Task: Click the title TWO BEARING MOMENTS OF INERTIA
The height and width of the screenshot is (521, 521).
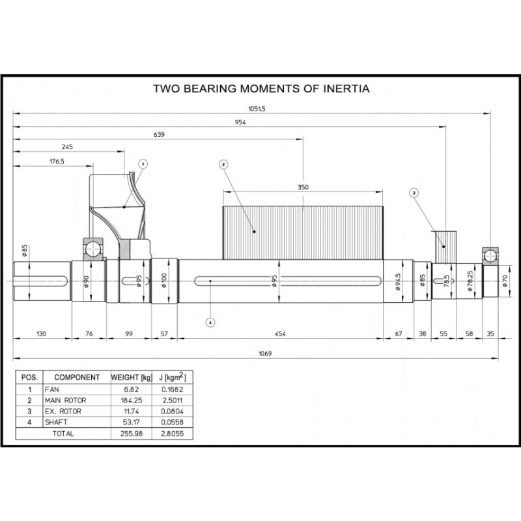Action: pos(260,89)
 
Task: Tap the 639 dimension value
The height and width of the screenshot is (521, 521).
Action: pos(158,135)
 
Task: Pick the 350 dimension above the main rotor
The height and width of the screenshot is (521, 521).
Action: pos(302,187)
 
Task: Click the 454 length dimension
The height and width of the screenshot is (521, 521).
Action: pos(281,333)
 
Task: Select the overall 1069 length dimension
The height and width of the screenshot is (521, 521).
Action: pos(264,354)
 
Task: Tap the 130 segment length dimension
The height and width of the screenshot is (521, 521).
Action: pos(41,333)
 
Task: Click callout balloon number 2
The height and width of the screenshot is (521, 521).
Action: pos(223,164)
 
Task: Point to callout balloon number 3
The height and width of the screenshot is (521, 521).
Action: pos(414,192)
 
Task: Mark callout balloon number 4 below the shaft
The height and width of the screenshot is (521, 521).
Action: pos(210,321)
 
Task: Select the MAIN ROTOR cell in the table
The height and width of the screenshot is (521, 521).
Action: pos(74,399)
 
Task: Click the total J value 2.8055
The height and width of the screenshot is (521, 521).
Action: pos(171,432)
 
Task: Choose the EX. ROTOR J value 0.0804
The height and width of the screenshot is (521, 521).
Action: pos(171,410)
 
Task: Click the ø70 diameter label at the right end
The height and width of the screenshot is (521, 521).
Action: pos(505,281)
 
